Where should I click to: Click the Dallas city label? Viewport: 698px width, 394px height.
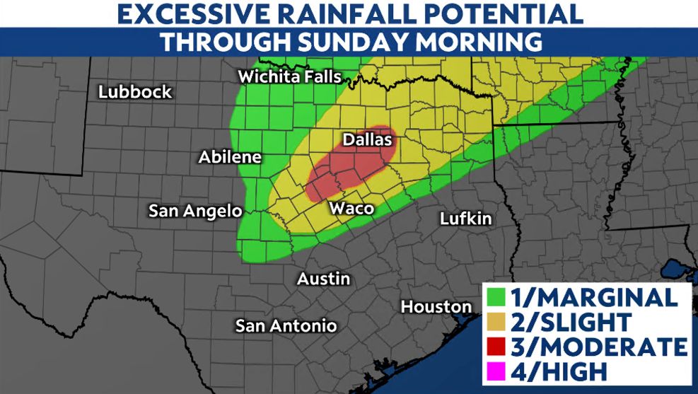click(367, 140)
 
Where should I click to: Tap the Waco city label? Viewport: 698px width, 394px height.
click(351, 209)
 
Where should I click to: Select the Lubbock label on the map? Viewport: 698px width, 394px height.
click(135, 92)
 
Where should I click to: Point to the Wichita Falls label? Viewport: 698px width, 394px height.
click(290, 77)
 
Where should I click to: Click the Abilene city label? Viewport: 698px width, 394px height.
click(230, 157)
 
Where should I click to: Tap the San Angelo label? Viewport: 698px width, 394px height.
click(195, 211)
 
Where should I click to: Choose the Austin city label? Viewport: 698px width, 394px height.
click(323, 279)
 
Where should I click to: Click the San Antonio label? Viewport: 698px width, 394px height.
click(286, 326)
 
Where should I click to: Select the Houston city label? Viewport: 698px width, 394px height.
click(436, 307)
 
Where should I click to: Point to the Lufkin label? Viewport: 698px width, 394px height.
click(465, 219)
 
